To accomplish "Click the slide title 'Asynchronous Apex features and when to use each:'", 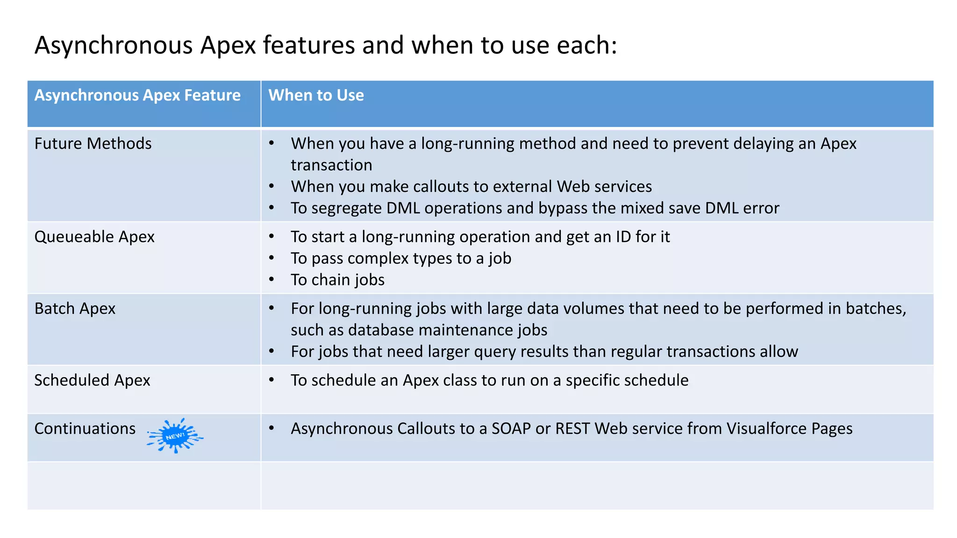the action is coord(326,45).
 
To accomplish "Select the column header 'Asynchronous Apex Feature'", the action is coord(137,95).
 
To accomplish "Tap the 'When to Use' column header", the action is coord(316,95).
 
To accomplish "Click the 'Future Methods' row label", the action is coord(93,143).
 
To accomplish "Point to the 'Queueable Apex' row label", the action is coord(94,237).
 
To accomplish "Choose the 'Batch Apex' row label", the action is coord(75,309).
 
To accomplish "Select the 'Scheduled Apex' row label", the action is coord(92,380).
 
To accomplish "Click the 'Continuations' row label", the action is coord(85,428).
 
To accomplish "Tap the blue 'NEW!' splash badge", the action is coord(175,436).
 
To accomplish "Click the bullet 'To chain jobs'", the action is coord(337,280).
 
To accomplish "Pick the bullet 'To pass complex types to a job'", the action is coord(401,258).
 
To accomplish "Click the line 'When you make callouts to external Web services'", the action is coord(471,186).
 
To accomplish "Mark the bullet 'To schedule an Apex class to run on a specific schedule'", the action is coord(489,380).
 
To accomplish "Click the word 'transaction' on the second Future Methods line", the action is coord(331,165).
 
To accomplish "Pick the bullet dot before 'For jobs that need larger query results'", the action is coord(271,351).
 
